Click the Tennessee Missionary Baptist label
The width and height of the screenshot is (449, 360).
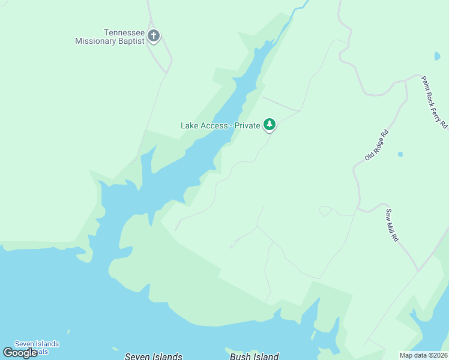(x=110, y=37)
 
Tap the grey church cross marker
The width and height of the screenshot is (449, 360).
(x=154, y=36)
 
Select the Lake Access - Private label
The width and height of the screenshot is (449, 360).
(x=220, y=125)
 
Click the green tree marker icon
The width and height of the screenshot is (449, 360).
(x=270, y=124)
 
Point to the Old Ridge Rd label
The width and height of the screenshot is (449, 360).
(x=377, y=145)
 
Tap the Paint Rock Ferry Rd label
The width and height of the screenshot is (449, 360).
(x=433, y=102)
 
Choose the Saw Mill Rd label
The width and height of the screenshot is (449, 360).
(x=393, y=225)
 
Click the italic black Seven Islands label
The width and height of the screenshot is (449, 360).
(x=153, y=356)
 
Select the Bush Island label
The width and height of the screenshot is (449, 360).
(x=255, y=356)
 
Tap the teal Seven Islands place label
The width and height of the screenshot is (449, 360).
(x=37, y=344)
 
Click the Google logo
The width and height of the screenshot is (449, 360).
(x=20, y=353)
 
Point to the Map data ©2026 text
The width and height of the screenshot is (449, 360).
(x=423, y=355)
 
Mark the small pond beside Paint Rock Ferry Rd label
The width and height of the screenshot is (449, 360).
(x=436, y=56)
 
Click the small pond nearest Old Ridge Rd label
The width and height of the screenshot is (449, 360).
(x=400, y=154)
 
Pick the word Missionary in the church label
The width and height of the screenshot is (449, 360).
(x=97, y=41)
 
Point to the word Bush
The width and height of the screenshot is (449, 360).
(x=241, y=356)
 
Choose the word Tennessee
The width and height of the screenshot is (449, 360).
(x=125, y=33)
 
